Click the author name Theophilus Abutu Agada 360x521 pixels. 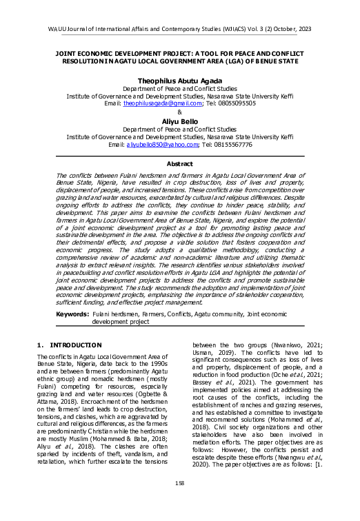pos(179,79)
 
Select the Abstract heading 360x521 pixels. pos(179,164)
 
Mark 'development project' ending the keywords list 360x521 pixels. pos(120,321)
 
